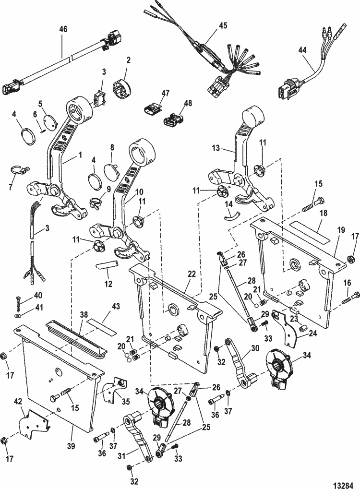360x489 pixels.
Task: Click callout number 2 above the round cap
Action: click(128, 60)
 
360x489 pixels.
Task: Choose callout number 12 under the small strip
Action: click(108, 284)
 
